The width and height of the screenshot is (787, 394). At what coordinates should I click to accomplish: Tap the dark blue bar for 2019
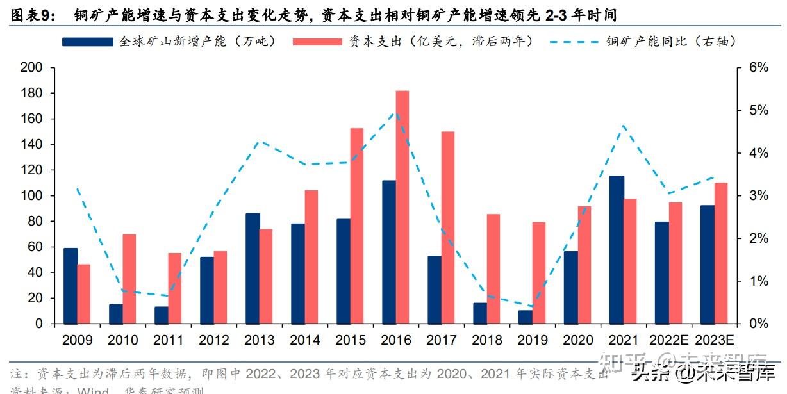coord(525,317)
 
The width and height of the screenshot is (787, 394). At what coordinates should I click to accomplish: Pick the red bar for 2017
coord(447,227)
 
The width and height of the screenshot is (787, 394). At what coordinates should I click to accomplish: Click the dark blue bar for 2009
coord(70,286)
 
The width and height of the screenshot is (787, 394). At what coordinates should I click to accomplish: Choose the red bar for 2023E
coord(721,253)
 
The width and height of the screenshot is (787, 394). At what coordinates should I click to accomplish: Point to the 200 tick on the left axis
coord(31,68)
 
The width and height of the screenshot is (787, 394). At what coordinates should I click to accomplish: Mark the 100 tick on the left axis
coord(31,196)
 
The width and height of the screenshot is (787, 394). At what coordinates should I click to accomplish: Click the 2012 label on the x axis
coord(215,340)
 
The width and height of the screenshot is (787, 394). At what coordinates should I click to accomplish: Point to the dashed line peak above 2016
coord(396,114)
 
